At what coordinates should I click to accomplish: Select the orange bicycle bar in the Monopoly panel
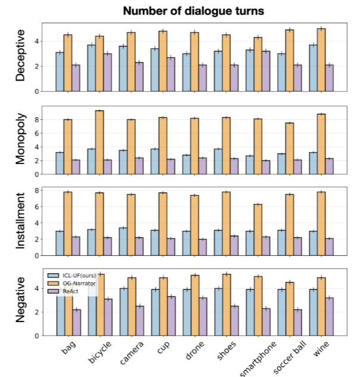click(x=99, y=143)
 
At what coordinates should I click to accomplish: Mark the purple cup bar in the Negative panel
click(x=171, y=316)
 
